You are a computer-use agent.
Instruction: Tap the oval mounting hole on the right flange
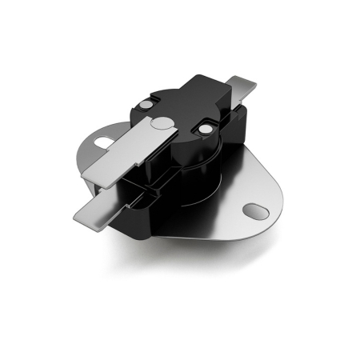(256, 209)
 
